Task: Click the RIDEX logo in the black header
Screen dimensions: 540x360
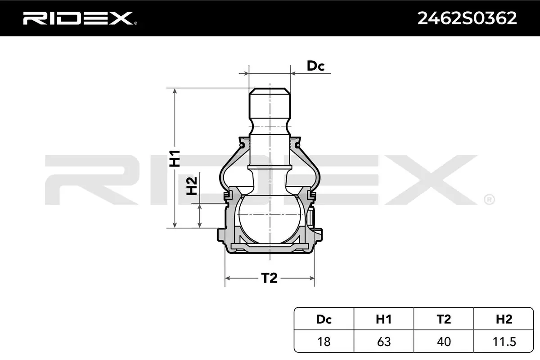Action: (x=80, y=18)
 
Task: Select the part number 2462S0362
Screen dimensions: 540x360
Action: (x=467, y=18)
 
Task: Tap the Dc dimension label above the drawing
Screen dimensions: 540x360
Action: (x=315, y=66)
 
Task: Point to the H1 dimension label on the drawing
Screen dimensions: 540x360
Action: (x=175, y=158)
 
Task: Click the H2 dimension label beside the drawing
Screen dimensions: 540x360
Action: (x=192, y=186)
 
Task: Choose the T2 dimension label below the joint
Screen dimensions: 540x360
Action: (x=269, y=278)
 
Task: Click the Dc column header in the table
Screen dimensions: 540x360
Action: (x=324, y=319)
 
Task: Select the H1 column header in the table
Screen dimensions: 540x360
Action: (x=383, y=319)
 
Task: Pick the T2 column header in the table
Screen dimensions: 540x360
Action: (x=444, y=319)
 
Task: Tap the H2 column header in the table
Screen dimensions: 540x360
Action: (x=504, y=319)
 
